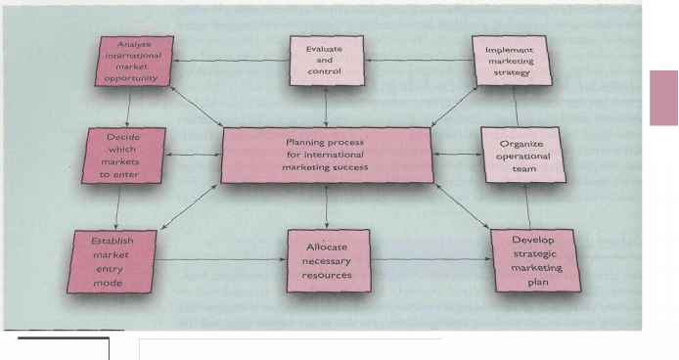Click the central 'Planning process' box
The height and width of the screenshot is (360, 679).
coord(325,154)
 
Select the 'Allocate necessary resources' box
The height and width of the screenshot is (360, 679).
coord(325,260)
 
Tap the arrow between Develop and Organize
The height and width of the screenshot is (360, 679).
coord(527,206)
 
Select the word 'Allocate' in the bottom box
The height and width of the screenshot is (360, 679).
coord(326,247)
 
